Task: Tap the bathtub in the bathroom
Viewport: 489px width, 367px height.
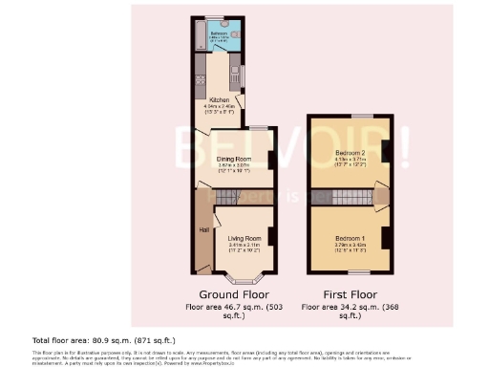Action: click(x=198, y=37)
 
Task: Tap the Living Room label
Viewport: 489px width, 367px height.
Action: click(x=244, y=238)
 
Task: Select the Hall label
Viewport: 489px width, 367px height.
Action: click(x=204, y=230)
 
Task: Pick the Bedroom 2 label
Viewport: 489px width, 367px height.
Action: click(x=350, y=153)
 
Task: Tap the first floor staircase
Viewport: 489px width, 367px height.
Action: click(x=351, y=198)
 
